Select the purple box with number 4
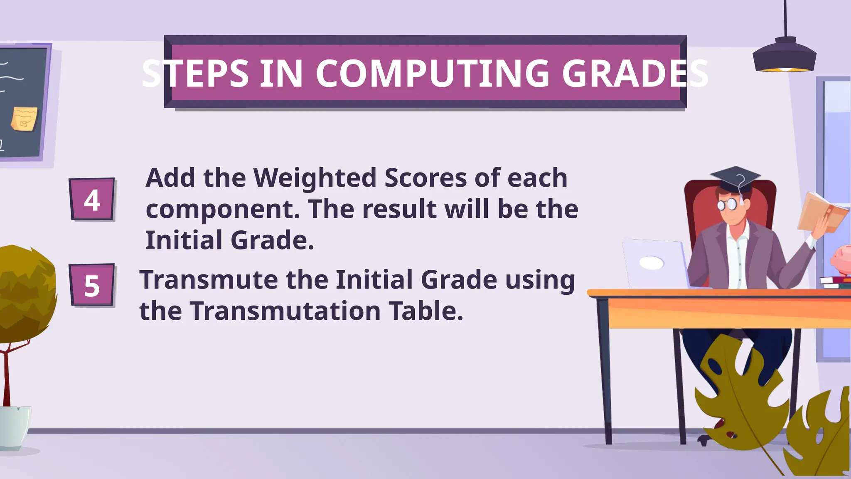(92, 199)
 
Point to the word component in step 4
(223, 209)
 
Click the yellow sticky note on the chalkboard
(24, 119)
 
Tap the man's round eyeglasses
(727, 204)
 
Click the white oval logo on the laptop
(651, 263)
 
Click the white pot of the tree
(15, 426)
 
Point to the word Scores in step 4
(425, 178)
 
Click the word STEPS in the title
(195, 74)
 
